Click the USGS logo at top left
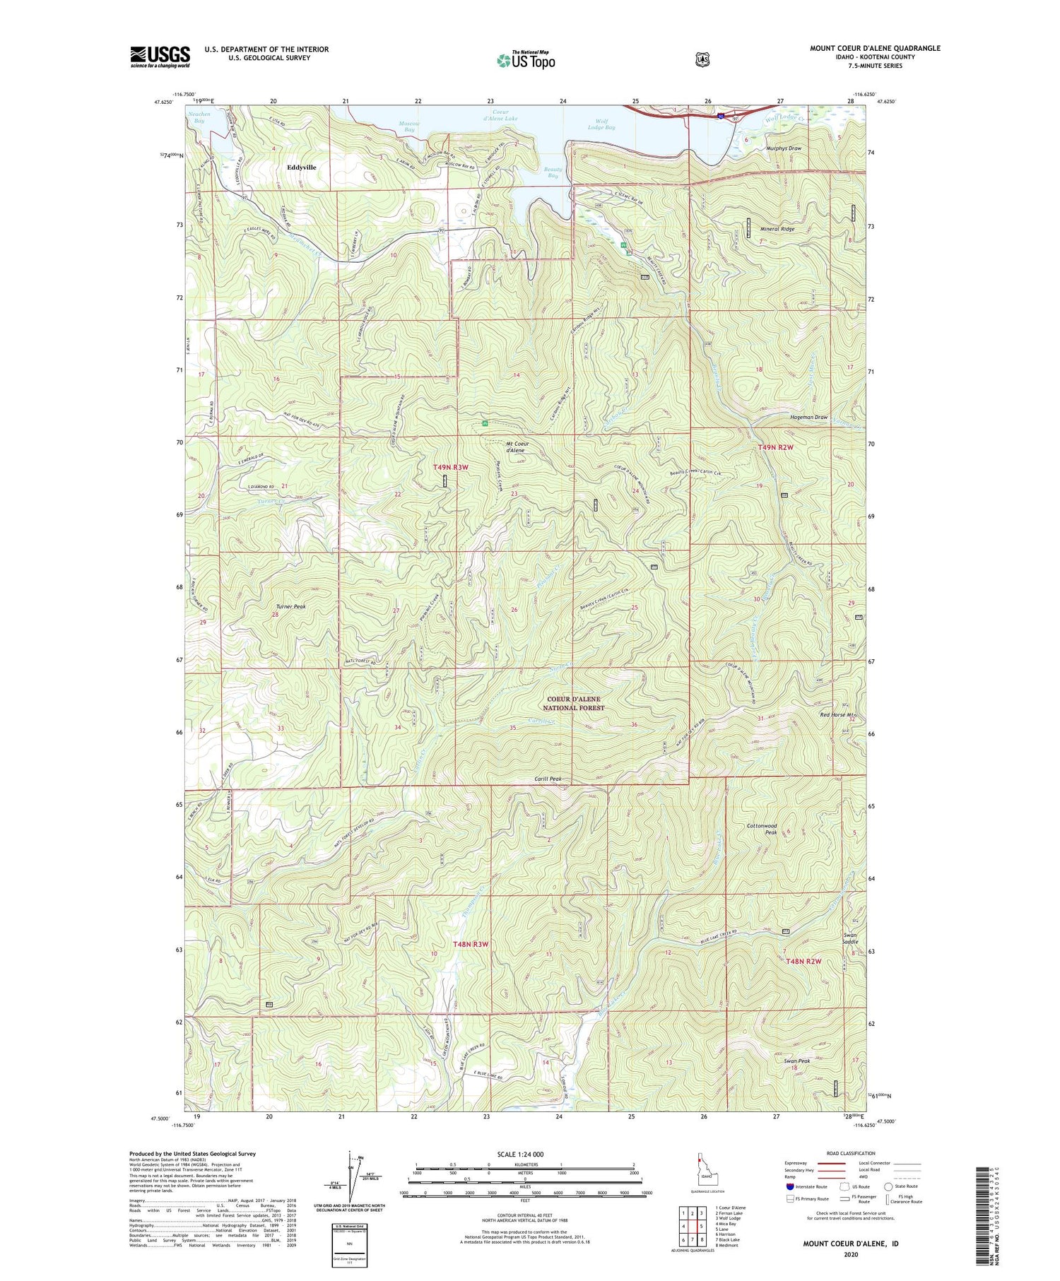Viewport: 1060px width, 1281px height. tap(160, 57)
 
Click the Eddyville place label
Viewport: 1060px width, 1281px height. tap(302, 167)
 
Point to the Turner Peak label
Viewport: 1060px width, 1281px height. tap(290, 606)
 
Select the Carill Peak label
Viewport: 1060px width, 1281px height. tap(548, 779)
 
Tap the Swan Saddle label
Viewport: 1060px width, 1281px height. tap(850, 938)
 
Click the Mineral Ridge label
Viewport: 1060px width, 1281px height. tap(777, 229)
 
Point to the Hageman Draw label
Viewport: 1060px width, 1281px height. tap(808, 418)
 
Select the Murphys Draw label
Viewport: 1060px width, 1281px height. tap(784, 149)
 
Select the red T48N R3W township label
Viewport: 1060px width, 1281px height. tap(471, 944)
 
